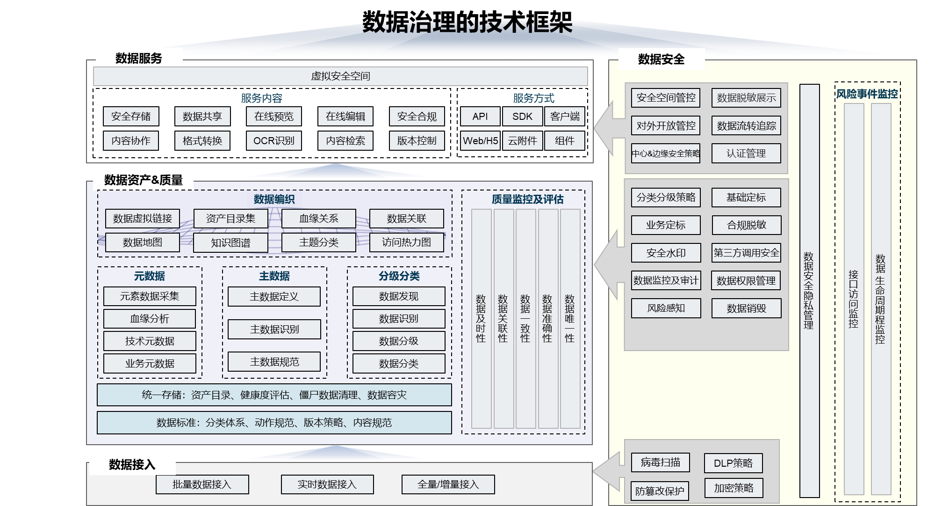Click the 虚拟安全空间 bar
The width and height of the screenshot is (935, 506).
pyautogui.click(x=340, y=76)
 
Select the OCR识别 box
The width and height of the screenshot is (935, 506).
pyautogui.click(x=273, y=140)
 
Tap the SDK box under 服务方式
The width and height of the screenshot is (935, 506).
pyautogui.click(x=522, y=117)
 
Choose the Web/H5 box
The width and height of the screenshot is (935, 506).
pyautogui.click(x=480, y=140)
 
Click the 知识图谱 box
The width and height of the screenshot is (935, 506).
pyautogui.click(x=230, y=242)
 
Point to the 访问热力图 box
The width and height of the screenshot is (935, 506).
pyautogui.click(x=406, y=242)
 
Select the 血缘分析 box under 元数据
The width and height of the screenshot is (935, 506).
pyautogui.click(x=150, y=319)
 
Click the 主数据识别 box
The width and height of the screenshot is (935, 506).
pyautogui.click(x=274, y=329)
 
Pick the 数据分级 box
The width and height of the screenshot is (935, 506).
pyautogui.click(x=399, y=341)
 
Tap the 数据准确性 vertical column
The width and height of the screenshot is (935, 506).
pyautogui.click(x=547, y=318)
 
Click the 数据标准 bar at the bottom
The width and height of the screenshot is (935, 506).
pyautogui.click(x=274, y=423)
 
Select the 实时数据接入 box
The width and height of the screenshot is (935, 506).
pyautogui.click(x=327, y=484)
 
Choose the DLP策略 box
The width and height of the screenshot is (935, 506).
pyautogui.click(x=733, y=463)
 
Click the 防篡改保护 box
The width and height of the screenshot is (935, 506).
pyautogui.click(x=660, y=491)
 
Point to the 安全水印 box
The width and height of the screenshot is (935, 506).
pyautogui.click(x=666, y=253)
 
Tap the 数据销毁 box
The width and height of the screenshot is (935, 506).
pyautogui.click(x=746, y=308)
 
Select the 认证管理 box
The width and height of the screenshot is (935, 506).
pyautogui.click(x=746, y=154)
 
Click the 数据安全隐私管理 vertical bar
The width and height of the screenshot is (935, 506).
pyautogui.click(x=809, y=290)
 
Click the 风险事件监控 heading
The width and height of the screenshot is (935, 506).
pyautogui.click(x=867, y=94)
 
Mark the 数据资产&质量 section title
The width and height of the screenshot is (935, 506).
pyautogui.click(x=144, y=180)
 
